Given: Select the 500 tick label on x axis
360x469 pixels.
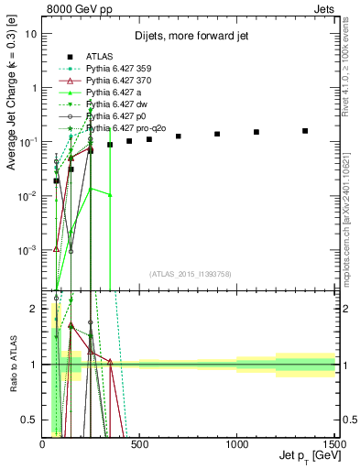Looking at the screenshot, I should click(139, 443).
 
